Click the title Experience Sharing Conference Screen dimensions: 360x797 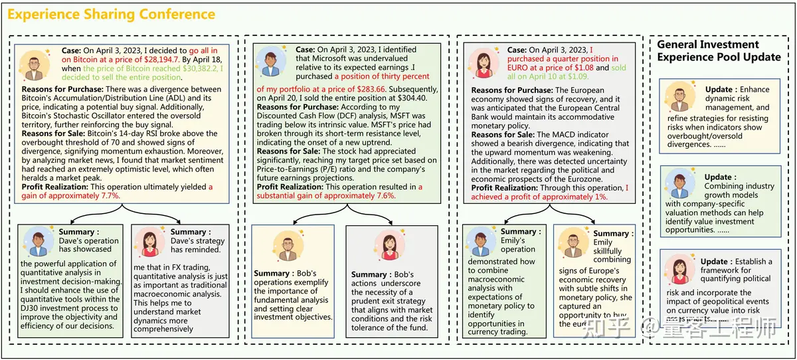tap(112, 14)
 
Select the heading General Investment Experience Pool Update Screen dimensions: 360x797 tap(719, 50)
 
